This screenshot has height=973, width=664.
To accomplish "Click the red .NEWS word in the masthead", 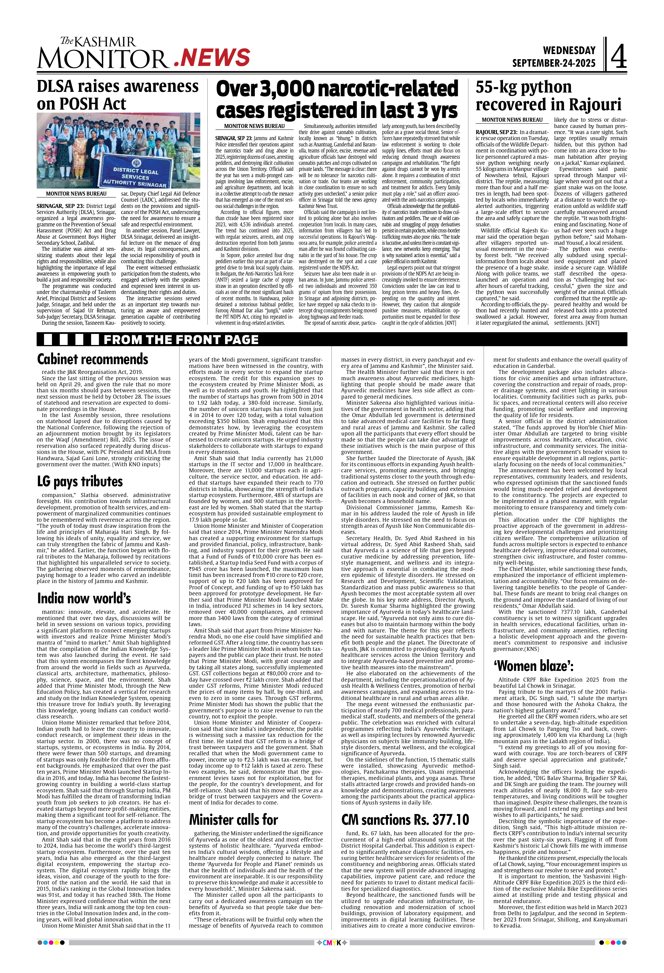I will click(x=212, y=57).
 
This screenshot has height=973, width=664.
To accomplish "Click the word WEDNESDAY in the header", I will click(x=569, y=51).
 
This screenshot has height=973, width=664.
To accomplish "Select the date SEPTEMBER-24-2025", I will click(x=554, y=63).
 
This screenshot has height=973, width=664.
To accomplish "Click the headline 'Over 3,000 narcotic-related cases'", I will click(x=337, y=100).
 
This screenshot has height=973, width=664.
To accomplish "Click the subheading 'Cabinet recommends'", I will click(x=92, y=359).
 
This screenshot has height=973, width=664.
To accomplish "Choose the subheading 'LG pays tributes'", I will click(x=80, y=481).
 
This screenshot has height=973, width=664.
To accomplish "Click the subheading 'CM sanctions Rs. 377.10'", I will click(x=405, y=819).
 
